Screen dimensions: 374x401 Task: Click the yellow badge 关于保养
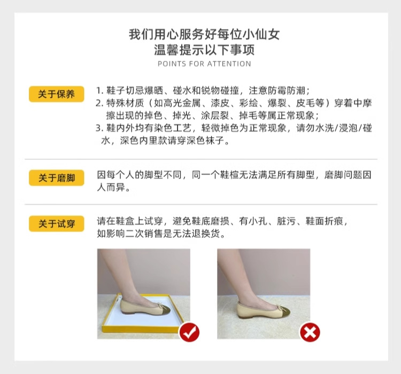pyautogui.click(x=56, y=95)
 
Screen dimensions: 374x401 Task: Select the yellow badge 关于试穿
pyautogui.click(x=56, y=224)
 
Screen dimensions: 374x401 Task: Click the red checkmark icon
pyautogui.click(x=189, y=332)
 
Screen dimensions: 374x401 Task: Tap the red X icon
pyautogui.click(x=310, y=332)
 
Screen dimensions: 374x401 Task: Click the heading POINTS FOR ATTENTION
pyautogui.click(x=204, y=64)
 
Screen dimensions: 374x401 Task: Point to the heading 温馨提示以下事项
pyautogui.click(x=204, y=51)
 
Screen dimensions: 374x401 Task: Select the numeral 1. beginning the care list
pyautogui.click(x=99, y=90)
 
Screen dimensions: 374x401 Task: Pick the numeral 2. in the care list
pyautogui.click(x=99, y=103)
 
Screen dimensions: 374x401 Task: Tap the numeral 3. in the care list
pyautogui.click(x=99, y=129)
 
